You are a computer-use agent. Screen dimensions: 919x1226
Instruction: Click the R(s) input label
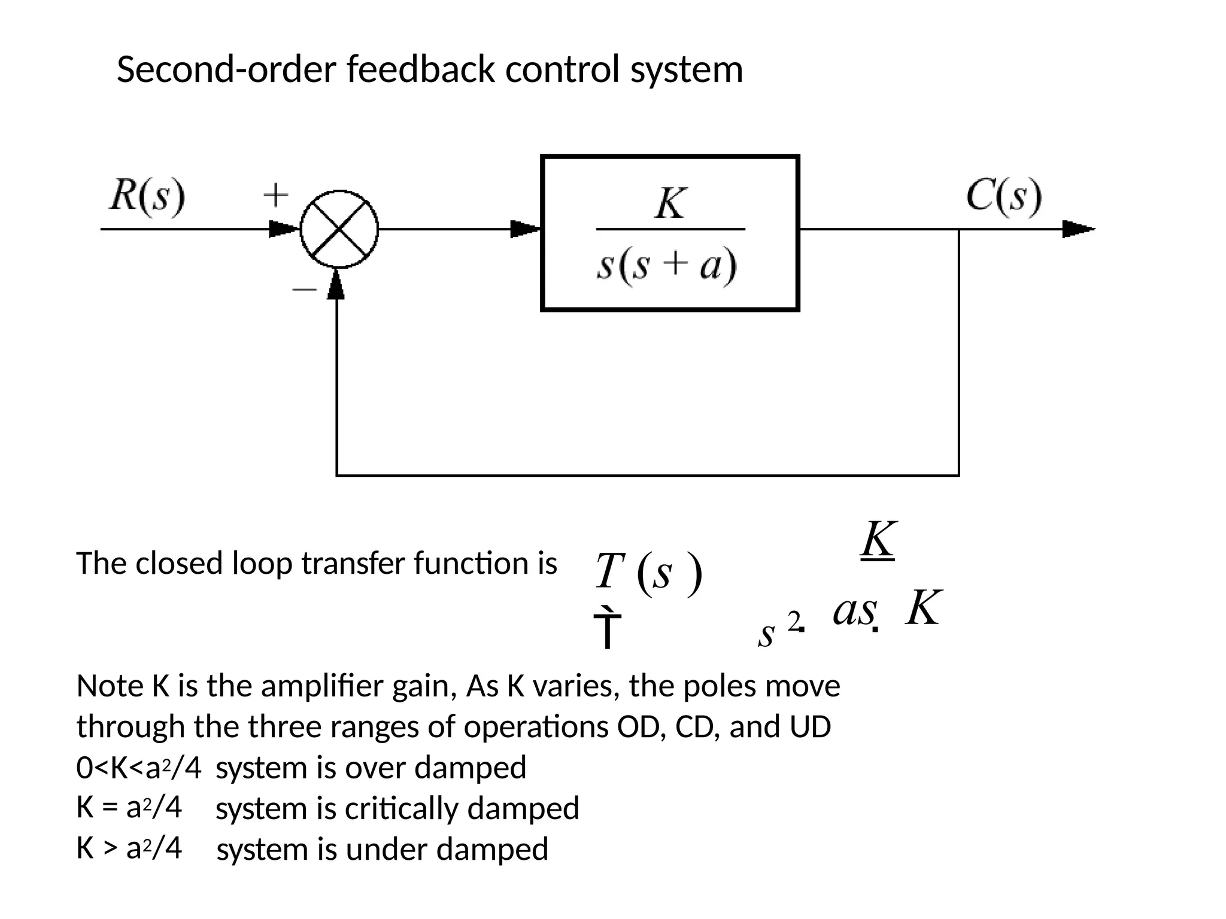pyautogui.click(x=147, y=196)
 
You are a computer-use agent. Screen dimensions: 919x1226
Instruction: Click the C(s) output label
pyautogui.click(x=1004, y=196)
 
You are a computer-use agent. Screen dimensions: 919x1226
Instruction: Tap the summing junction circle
pyautogui.click(x=339, y=229)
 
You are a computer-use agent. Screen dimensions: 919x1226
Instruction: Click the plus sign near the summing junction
pyautogui.click(x=276, y=196)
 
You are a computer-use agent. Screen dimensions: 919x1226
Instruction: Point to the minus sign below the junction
pyautogui.click(x=304, y=290)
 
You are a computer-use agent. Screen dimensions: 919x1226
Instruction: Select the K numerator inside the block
pyautogui.click(x=670, y=203)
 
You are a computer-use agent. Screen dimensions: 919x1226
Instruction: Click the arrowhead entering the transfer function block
pyautogui.click(x=526, y=229)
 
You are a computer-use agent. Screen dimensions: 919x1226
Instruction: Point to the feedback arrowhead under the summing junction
pyautogui.click(x=336, y=285)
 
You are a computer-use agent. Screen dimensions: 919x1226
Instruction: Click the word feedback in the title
pyautogui.click(x=420, y=69)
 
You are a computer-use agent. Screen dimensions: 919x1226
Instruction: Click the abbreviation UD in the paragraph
pyautogui.click(x=810, y=727)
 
